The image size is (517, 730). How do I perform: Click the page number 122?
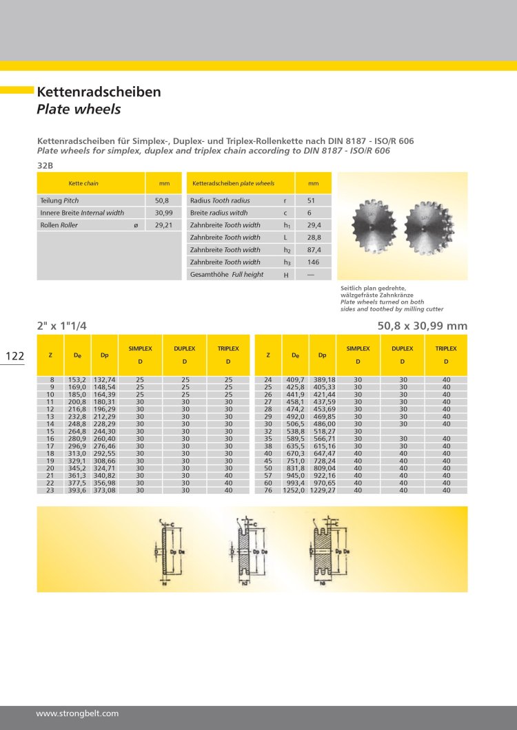coord(15,356)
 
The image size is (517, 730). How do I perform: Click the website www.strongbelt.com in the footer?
coord(77,713)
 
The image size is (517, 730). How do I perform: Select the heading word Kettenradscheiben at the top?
coord(99,92)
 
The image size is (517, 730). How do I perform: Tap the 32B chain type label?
coord(45,165)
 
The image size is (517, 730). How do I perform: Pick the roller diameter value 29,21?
coord(163,225)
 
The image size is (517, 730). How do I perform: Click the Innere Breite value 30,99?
coord(163,213)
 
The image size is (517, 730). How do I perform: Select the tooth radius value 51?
coord(311,200)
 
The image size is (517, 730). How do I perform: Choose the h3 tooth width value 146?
coord(313,262)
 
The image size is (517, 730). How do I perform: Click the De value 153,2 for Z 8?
coord(75,380)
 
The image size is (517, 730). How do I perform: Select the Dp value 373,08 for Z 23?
coord(104,490)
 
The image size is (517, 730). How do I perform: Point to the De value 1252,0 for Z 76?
coord(294,490)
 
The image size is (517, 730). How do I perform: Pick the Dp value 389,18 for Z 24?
coord(323,380)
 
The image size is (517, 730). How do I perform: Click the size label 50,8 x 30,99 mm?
coord(422,326)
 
